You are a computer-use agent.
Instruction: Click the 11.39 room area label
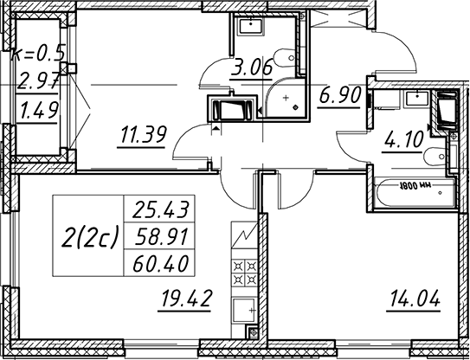tap(143, 135)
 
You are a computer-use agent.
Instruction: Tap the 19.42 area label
tap(187, 299)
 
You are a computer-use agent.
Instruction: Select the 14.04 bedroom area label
tap(415, 299)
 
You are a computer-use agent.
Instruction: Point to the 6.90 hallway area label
tap(339, 95)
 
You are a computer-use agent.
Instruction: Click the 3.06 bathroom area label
tap(252, 67)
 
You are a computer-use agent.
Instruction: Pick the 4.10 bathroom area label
tap(402, 140)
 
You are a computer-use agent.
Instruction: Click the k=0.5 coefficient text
tap(38, 55)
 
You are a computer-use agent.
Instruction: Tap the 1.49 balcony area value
tap(38, 110)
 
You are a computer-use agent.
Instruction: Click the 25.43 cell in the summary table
tap(160, 209)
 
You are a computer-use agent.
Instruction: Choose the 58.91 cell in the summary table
tap(160, 236)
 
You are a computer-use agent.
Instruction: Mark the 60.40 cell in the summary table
tap(160, 263)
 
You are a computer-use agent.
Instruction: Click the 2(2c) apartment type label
tap(90, 236)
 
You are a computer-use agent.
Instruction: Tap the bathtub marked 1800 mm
tap(415, 192)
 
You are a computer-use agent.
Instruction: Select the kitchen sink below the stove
tap(244, 311)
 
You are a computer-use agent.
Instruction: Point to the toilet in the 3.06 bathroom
tap(287, 59)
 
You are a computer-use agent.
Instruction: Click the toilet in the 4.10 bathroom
tap(436, 156)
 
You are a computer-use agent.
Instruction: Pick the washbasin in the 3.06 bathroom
tap(251, 26)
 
